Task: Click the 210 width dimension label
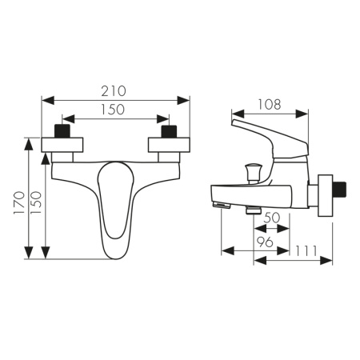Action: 114,91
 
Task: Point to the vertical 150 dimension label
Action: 36,202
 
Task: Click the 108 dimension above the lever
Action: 270,105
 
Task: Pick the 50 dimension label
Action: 272,218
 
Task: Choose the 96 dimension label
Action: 265,242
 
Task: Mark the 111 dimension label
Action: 306,250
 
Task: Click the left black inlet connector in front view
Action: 62,131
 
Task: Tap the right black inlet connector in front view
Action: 170,131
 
